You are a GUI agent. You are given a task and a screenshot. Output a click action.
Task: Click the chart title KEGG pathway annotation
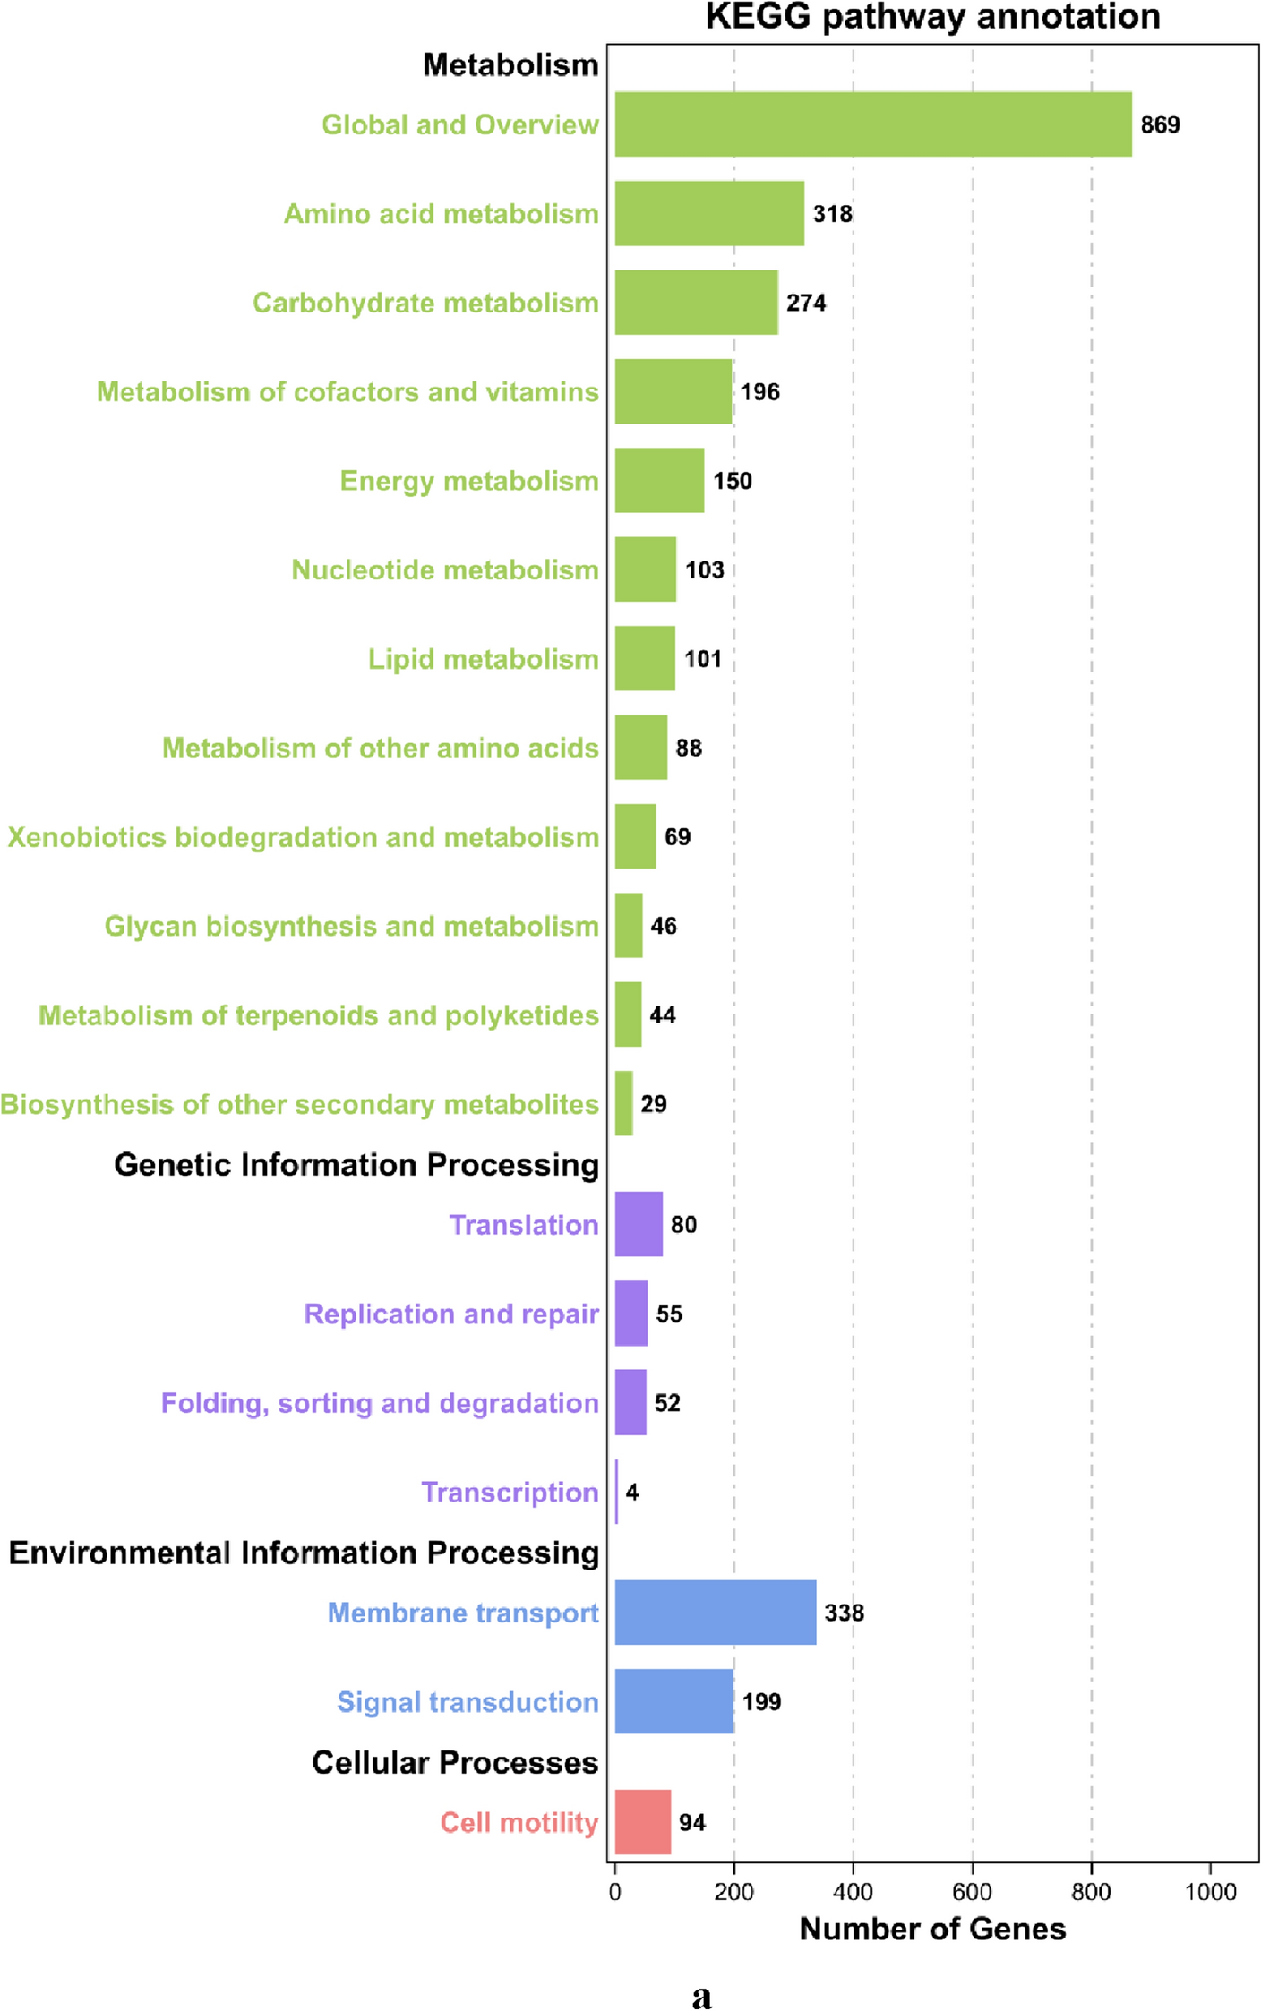click(x=932, y=17)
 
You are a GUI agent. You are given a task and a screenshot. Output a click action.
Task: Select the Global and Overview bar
click(x=873, y=124)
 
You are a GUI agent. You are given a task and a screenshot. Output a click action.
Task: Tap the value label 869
click(x=1160, y=125)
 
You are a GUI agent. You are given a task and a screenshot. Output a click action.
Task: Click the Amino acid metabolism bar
click(x=709, y=214)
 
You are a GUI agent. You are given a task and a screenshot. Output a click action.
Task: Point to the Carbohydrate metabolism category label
click(x=425, y=304)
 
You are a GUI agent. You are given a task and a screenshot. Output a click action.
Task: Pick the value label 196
click(x=759, y=392)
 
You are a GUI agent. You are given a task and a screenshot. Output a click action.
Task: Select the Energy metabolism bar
click(x=659, y=481)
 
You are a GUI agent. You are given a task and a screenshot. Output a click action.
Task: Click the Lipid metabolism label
click(x=483, y=660)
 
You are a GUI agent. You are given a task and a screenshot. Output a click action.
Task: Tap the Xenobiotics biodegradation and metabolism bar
click(x=635, y=836)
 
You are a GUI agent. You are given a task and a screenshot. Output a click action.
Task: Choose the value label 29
click(x=653, y=1104)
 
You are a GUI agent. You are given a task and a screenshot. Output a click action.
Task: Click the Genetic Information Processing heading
click(x=356, y=1165)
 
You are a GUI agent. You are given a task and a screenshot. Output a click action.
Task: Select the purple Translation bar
click(x=639, y=1224)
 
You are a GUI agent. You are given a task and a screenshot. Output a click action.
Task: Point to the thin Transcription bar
click(x=617, y=1492)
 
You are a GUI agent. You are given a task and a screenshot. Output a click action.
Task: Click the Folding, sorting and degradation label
click(x=380, y=1403)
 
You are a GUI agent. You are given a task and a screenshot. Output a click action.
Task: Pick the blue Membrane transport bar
click(x=715, y=1613)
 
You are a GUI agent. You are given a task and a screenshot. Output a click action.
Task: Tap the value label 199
click(x=761, y=1702)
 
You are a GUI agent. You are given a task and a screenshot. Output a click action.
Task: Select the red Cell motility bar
click(x=642, y=1822)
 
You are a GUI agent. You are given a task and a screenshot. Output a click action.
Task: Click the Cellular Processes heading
click(x=455, y=1763)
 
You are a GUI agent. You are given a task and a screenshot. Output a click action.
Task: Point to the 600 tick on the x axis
click(x=972, y=1892)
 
